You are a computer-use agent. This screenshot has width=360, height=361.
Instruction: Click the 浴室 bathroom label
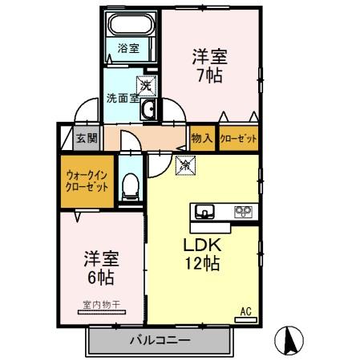tap(128, 48)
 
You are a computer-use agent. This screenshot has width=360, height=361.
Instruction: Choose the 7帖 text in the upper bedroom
tap(210, 77)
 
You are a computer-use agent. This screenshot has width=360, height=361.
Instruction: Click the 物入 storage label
tap(202, 139)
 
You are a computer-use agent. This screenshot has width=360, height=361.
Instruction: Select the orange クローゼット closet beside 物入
tap(239, 139)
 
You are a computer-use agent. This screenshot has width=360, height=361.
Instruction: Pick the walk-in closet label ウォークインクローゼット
tap(86, 180)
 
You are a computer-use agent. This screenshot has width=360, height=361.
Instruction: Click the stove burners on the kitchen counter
tap(242, 212)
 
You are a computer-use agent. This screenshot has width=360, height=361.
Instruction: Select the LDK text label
tap(204, 244)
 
